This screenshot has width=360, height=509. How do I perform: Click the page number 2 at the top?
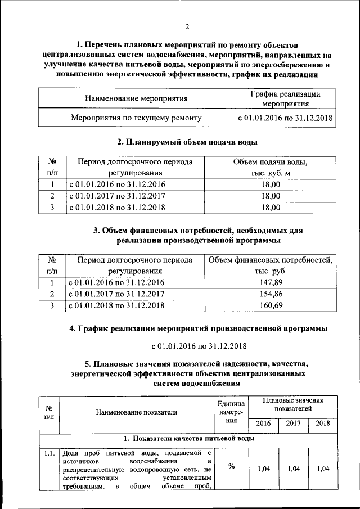tap(187, 26)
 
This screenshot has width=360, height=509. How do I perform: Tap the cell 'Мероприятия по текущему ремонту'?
tap(136, 118)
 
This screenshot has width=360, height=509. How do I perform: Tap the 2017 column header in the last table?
tap(293, 424)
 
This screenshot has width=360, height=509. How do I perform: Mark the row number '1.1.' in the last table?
tap(48, 452)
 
